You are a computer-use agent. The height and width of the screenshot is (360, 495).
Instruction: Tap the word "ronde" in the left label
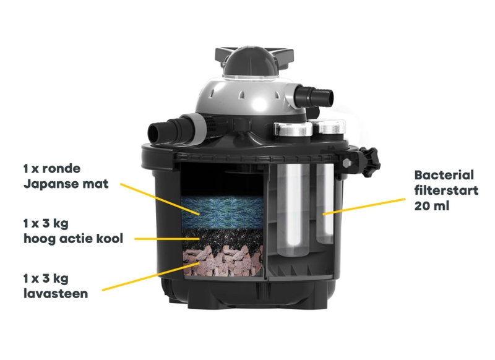(x=61, y=168)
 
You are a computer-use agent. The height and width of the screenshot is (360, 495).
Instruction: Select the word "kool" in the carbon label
(x=110, y=239)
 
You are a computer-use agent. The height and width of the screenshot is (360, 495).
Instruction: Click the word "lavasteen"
(x=56, y=294)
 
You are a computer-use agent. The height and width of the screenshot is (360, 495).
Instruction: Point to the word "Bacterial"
(x=444, y=175)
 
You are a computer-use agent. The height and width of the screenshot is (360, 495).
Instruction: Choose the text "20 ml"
(x=431, y=207)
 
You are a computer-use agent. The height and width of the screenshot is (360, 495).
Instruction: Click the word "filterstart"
(x=446, y=191)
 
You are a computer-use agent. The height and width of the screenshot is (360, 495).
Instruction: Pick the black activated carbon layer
(x=223, y=239)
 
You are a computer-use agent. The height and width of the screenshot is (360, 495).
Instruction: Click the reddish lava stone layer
(x=223, y=261)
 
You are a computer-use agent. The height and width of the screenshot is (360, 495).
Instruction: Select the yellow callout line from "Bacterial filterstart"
(x=364, y=207)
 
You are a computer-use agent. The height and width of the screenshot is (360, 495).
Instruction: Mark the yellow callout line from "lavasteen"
(x=151, y=276)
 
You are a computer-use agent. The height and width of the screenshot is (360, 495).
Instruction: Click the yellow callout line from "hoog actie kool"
(x=167, y=239)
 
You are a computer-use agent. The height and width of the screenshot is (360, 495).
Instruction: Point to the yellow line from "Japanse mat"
(x=160, y=199)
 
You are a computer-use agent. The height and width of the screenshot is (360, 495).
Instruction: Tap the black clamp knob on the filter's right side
(x=370, y=162)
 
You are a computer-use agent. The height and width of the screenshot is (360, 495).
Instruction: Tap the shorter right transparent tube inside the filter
(x=325, y=204)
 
